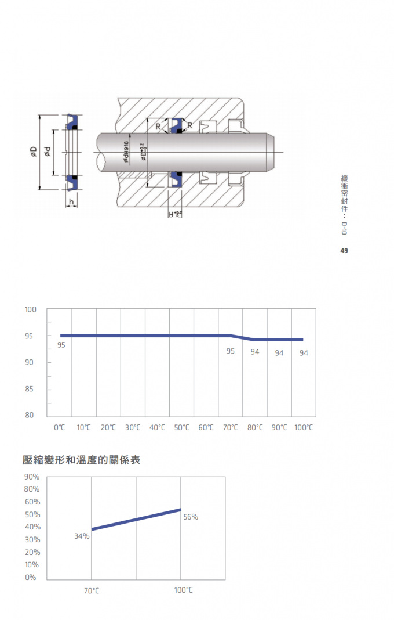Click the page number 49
[x=344, y=251]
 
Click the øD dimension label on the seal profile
[x=33, y=153]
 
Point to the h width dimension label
[x=71, y=201]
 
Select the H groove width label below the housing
[x=174, y=215]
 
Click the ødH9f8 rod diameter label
[x=126, y=152]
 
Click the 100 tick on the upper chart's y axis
[x=30, y=309]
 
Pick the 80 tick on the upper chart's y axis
[x=30, y=415]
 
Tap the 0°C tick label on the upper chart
[x=59, y=427]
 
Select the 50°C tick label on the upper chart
[x=181, y=427]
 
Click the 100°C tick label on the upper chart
[x=303, y=427]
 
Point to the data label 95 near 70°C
[x=230, y=351]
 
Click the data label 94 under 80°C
[x=255, y=352]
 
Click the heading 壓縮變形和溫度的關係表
[x=81, y=460]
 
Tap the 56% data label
[x=191, y=517]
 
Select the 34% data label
[x=82, y=536]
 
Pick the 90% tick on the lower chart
[x=32, y=477]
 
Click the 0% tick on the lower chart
[x=30, y=577]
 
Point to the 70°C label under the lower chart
[x=92, y=590]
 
